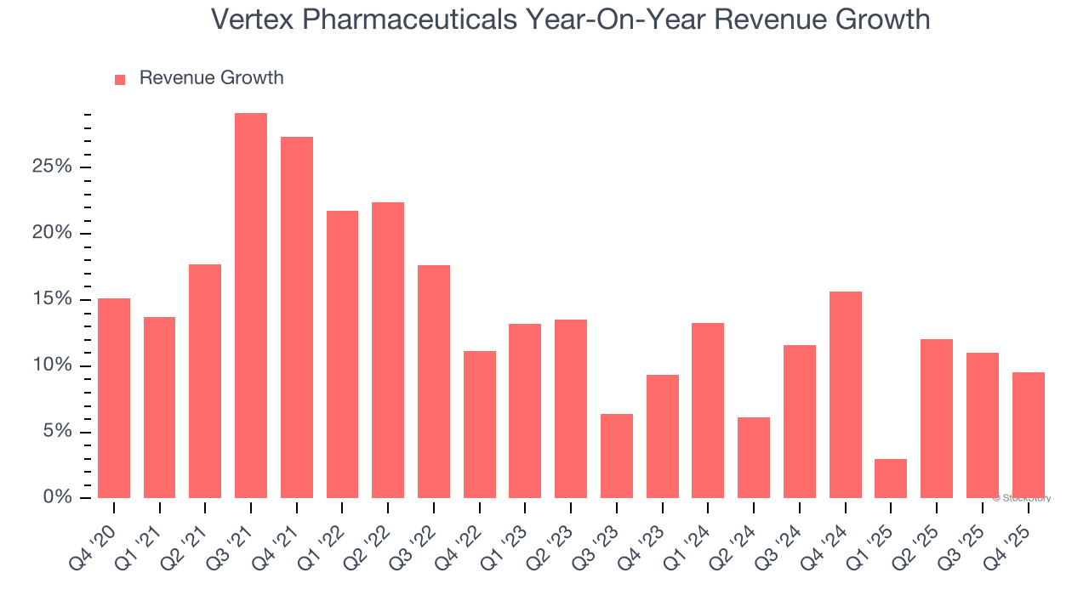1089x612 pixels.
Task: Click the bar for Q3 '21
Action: coord(251,305)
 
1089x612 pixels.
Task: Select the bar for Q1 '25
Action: coord(891,479)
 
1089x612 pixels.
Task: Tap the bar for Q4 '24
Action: coord(845,394)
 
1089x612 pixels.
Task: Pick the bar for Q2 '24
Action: coord(754,457)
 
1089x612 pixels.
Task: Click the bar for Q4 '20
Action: coord(114,398)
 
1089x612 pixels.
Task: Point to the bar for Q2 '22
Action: coord(388,350)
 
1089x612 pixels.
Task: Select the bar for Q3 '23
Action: coord(617,456)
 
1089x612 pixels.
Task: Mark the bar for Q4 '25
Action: coord(1028,435)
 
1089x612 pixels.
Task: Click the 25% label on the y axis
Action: coord(51,167)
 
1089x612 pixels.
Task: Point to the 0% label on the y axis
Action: coord(57,498)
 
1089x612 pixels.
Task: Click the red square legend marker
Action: coord(120,79)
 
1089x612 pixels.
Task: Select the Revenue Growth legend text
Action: coord(211,78)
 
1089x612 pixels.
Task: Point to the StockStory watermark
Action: coord(1022,498)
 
